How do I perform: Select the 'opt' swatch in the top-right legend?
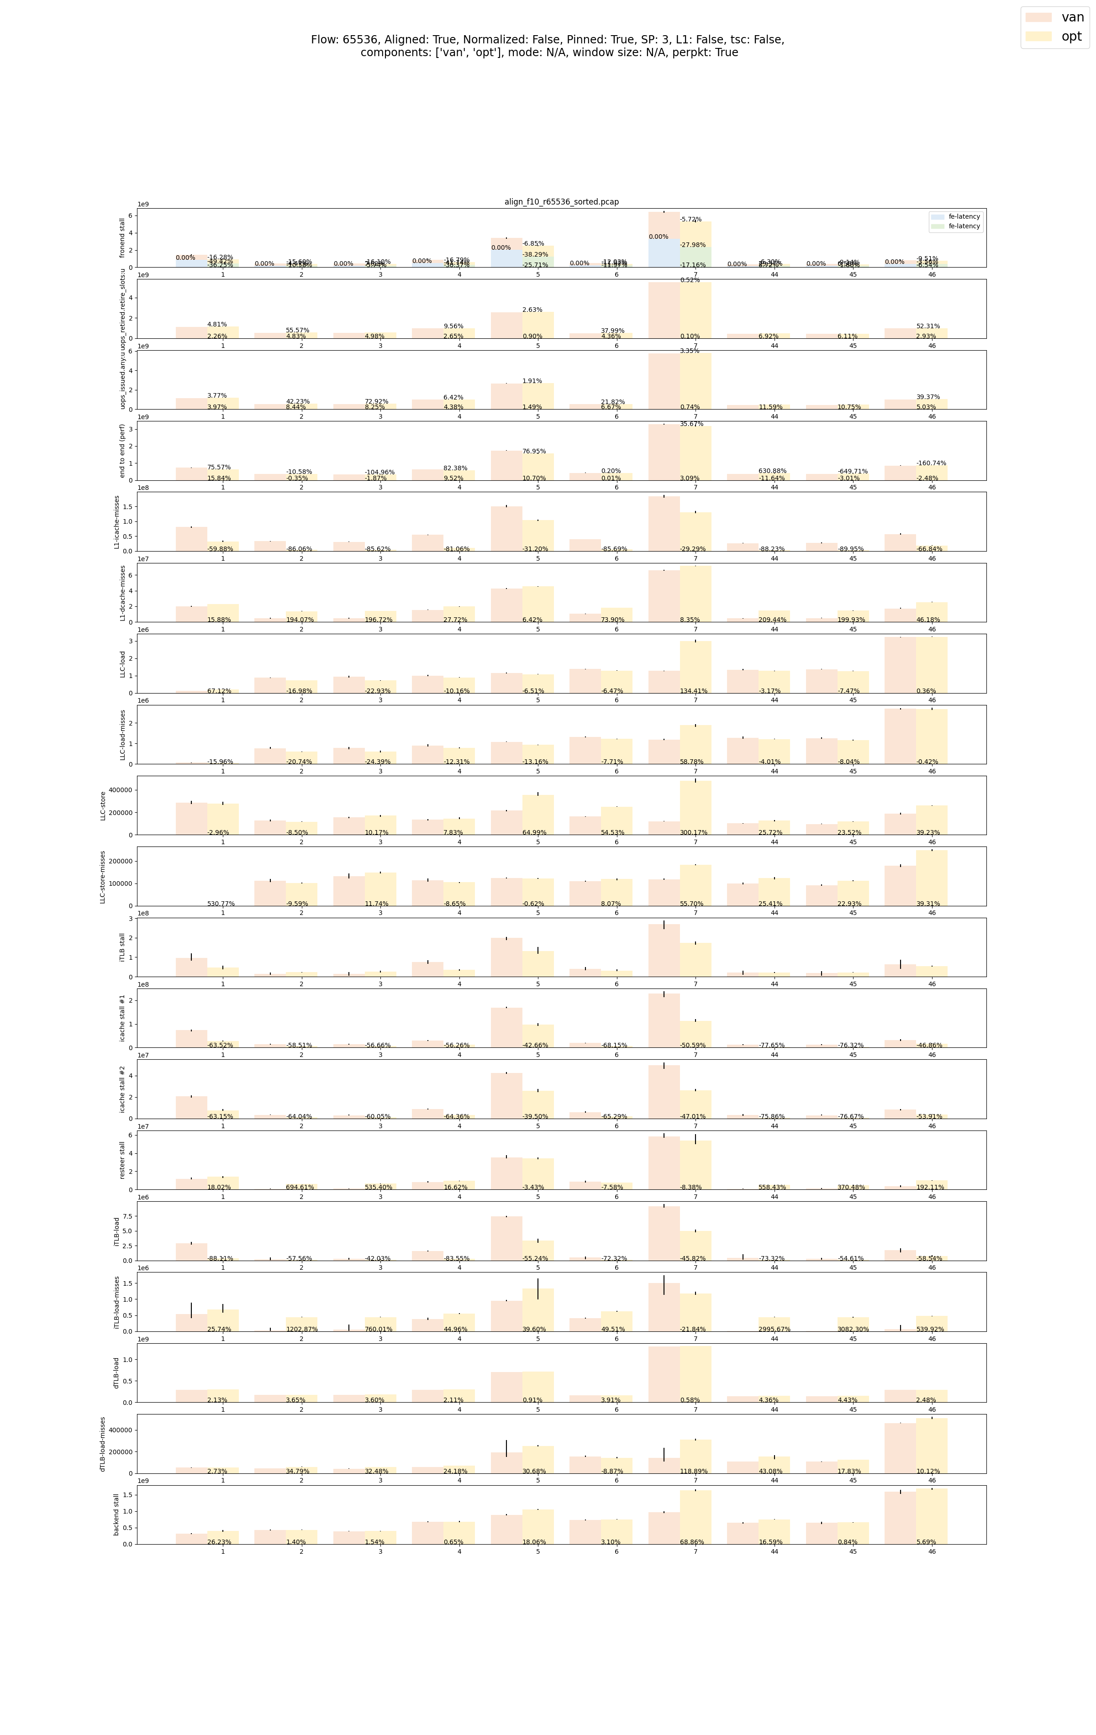coord(1038,37)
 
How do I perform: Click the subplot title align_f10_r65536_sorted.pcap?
coord(561,202)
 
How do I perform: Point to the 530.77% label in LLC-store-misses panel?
coord(221,904)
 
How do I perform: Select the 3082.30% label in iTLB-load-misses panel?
coord(853,1330)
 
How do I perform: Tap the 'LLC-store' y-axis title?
coord(103,805)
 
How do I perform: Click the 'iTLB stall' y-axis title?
coord(122,947)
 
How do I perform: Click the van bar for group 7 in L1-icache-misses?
coord(664,524)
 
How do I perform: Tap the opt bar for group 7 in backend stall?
coord(696,1517)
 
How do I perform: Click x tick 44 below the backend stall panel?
coord(774,1551)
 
